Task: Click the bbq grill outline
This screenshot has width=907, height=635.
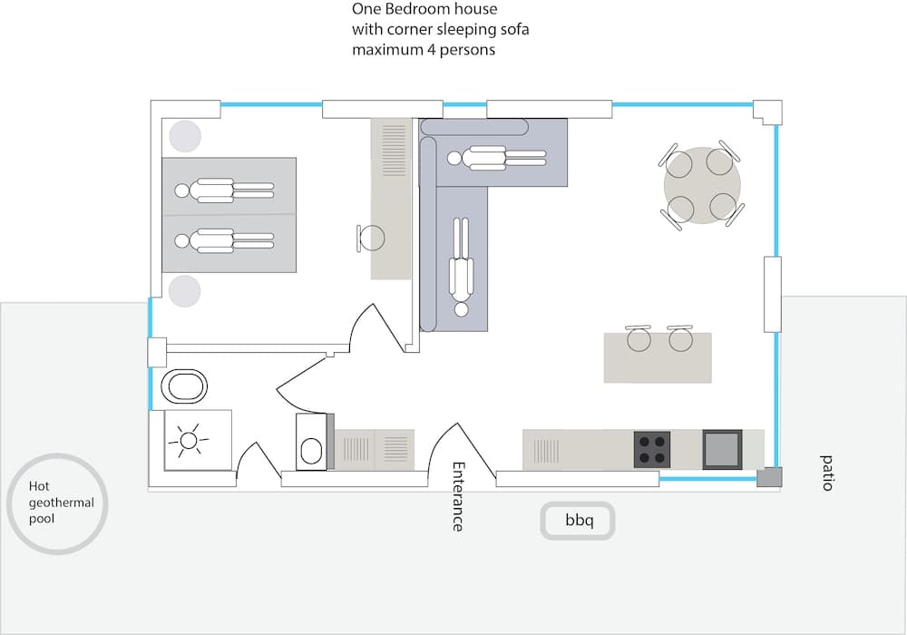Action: point(578,521)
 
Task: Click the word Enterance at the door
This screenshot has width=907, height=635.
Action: point(458,496)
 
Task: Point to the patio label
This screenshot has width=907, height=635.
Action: point(826,473)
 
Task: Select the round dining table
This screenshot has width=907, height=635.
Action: point(702,186)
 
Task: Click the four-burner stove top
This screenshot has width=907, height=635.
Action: point(652,449)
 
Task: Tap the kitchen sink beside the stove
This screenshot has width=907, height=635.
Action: point(722,448)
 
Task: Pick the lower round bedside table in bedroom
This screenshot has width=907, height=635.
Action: point(184,291)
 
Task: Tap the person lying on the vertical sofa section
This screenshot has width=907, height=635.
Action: point(462,267)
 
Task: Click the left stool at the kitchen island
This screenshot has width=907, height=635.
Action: point(639,339)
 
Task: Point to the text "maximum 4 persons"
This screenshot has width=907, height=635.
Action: point(424,50)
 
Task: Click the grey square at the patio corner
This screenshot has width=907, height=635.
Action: point(768,477)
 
